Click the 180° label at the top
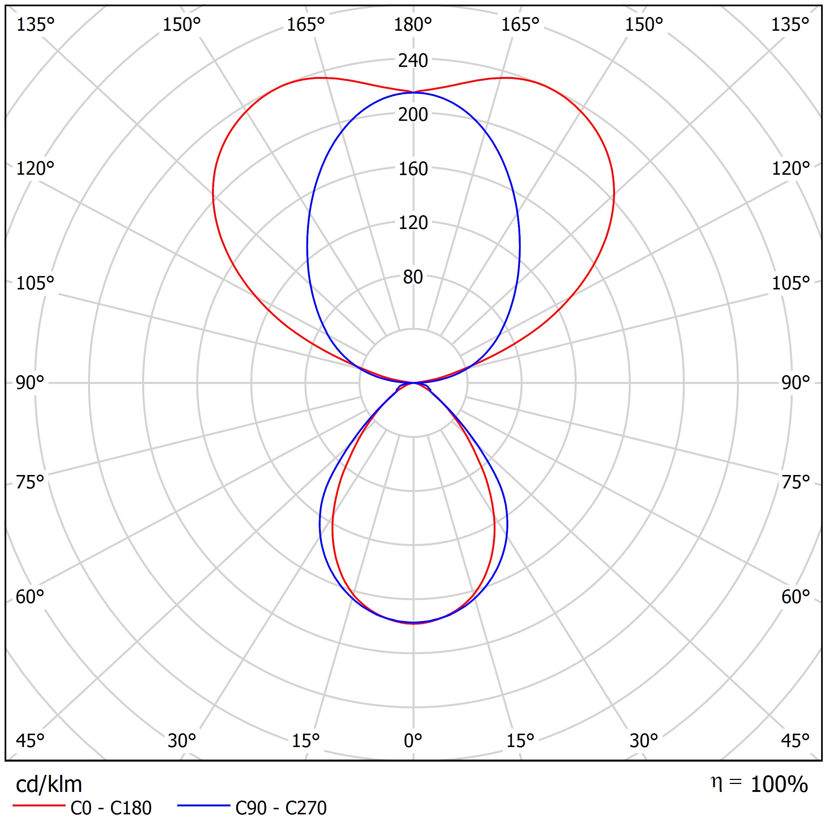[413, 25]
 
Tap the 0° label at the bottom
[413, 740]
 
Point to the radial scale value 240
[413, 61]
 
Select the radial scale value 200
[413, 115]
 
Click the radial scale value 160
[413, 169]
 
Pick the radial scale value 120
[413, 223]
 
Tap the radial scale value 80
[413, 277]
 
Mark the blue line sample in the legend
[204, 806]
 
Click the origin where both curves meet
[413, 383]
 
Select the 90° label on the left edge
[30, 383]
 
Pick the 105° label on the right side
[790, 283]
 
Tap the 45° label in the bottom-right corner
[795, 740]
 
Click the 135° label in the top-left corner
[35, 25]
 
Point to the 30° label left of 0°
[182, 740]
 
